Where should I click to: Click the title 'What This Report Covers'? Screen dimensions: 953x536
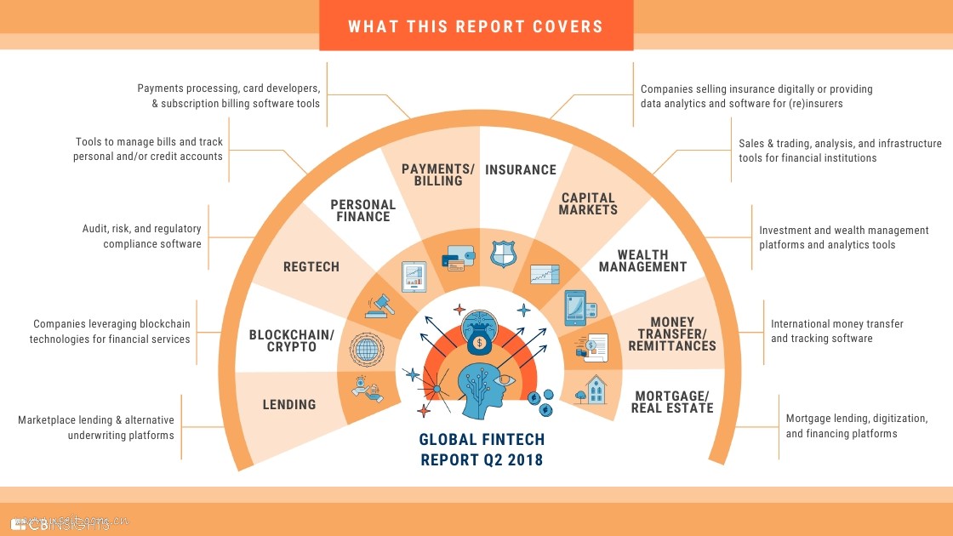(476, 26)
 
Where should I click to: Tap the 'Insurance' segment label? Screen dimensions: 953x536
(521, 170)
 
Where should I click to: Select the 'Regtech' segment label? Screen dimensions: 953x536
(311, 267)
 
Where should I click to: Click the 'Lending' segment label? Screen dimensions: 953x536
(289, 405)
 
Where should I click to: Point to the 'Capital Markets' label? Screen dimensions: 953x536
(589, 204)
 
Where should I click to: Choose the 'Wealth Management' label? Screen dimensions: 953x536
(642, 260)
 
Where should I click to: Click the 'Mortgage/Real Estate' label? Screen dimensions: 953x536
(672, 402)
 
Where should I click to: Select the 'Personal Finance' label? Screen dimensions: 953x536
(363, 210)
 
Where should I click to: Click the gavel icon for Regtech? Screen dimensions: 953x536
(380, 305)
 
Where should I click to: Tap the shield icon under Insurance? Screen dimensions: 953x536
(503, 254)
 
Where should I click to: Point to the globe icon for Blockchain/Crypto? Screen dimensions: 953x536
(367, 349)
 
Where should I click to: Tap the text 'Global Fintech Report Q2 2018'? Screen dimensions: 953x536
(482, 450)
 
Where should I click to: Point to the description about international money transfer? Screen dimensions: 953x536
(836, 331)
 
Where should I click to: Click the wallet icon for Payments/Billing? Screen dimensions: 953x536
(452, 258)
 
